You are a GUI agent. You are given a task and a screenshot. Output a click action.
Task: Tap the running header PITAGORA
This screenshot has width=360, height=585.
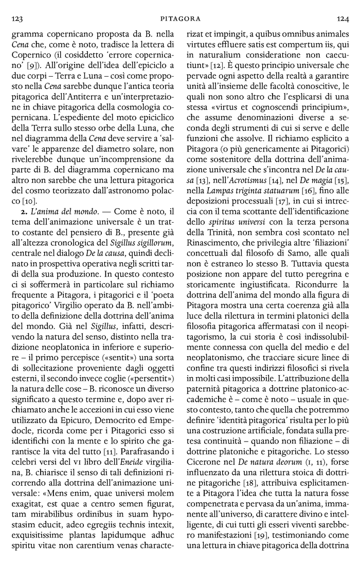(x=180, y=19)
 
